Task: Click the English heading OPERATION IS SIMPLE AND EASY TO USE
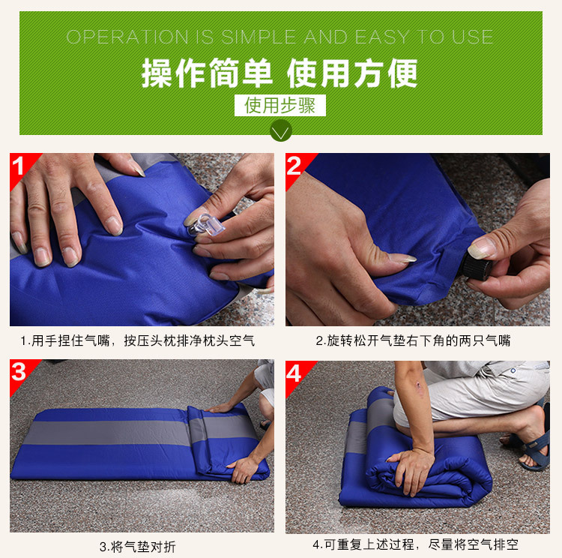coord(280,37)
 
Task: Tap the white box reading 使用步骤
coord(280,105)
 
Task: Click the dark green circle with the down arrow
coord(281,130)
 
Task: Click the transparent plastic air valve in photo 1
coord(206,225)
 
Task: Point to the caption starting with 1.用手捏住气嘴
coord(138,340)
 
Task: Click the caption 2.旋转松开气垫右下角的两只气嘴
coord(413,340)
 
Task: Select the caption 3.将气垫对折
coord(138,547)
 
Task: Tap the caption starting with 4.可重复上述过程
coord(415,544)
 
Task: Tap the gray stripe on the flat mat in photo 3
coord(107,433)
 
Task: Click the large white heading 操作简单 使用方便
coord(280,73)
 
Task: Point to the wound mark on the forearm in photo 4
coord(418,385)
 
